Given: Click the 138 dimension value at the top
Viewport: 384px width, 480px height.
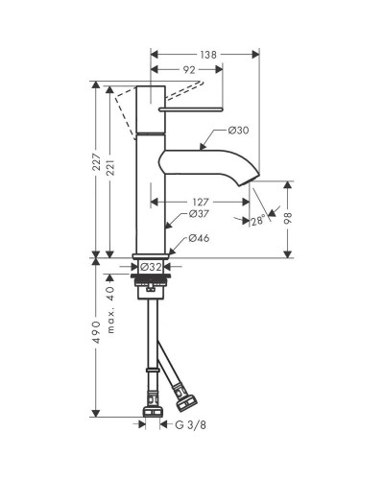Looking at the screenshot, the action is [208, 55].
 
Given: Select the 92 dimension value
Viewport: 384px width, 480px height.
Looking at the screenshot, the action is [189, 70].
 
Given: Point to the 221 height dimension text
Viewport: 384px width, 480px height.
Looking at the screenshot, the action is [110, 169].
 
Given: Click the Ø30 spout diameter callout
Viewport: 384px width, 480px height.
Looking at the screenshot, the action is [238, 131].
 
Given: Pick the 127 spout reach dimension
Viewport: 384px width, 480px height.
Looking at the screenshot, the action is [201, 203].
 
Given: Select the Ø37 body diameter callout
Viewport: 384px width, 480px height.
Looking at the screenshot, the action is [199, 214].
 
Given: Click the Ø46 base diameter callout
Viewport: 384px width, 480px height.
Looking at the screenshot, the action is [199, 238].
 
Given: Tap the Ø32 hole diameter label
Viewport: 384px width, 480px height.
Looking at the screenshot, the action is [151, 267].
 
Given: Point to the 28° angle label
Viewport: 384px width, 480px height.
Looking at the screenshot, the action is [258, 221].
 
